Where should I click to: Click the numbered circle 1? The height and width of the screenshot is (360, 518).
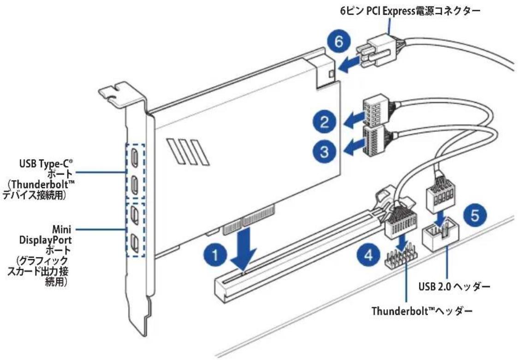pos(215,256)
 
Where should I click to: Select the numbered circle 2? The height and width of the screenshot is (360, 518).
pos(325,122)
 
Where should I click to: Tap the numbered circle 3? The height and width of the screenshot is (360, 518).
pos(325,152)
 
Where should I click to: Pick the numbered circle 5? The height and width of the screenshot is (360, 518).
pos(475,215)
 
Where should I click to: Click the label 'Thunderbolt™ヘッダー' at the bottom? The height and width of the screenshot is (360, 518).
pos(422,311)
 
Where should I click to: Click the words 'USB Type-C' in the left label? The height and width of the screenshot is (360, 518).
pos(46,163)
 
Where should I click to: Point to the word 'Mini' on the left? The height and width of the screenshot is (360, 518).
pos(62,229)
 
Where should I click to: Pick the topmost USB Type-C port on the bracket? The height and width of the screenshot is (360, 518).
pos(135,157)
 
